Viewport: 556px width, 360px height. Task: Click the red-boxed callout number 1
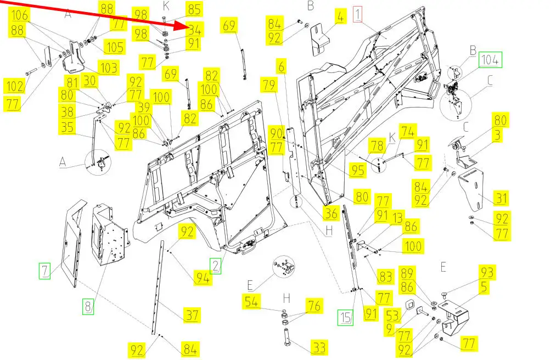[x=358, y=15]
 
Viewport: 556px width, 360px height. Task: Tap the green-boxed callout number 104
[x=490, y=60]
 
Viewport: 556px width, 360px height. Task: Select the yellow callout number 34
[x=195, y=30]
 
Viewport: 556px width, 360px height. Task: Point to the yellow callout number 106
[x=20, y=15]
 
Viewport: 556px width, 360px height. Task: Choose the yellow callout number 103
[x=109, y=67]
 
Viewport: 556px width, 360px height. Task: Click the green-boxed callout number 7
[x=44, y=271]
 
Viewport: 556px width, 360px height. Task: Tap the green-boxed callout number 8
[x=88, y=306]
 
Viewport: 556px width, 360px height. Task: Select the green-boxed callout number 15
[x=346, y=317]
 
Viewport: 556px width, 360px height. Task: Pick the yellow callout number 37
[x=192, y=314]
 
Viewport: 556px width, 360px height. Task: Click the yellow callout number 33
[x=319, y=347]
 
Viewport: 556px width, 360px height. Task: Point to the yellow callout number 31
[x=501, y=198]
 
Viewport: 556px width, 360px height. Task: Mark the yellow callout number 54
[x=251, y=302]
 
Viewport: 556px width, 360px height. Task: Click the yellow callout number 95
[x=357, y=170]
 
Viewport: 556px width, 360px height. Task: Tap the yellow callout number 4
[x=340, y=16]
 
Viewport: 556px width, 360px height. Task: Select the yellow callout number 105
[x=115, y=47]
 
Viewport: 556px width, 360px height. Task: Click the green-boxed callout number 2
[x=216, y=266]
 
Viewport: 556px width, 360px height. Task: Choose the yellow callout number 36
[x=331, y=213]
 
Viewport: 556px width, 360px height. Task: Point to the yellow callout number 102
[x=15, y=86]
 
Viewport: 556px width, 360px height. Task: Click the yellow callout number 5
[x=484, y=286]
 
